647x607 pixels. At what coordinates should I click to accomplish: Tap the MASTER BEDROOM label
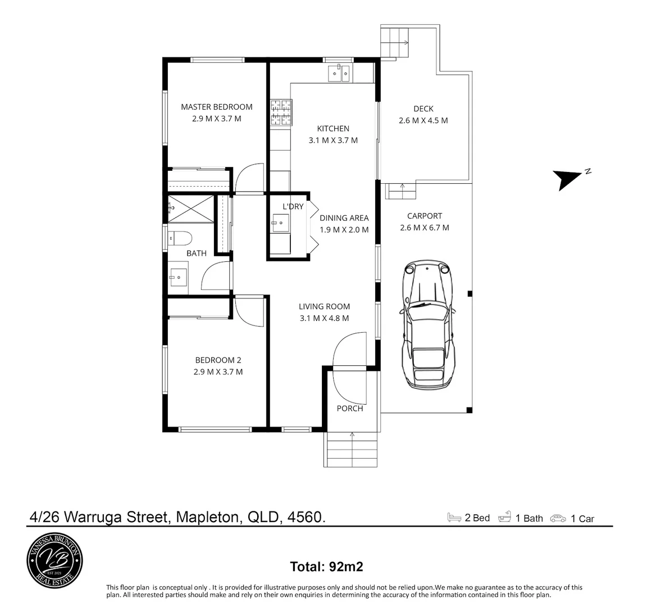tap(216, 107)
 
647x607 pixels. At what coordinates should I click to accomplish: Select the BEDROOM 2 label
tap(218, 360)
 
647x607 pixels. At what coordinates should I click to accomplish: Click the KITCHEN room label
tap(333, 129)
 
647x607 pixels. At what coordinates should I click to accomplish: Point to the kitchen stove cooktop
tap(281, 112)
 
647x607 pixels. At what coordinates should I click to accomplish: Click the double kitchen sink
tap(339, 73)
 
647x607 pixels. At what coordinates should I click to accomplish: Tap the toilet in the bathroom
tap(180, 238)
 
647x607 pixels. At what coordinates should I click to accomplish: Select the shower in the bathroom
tap(191, 209)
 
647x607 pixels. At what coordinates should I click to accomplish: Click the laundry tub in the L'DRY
tap(280, 223)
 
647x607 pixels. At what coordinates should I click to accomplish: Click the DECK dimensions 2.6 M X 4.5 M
tap(423, 120)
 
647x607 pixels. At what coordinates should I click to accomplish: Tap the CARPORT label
tap(425, 216)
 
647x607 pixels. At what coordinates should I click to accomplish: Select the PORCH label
tap(350, 409)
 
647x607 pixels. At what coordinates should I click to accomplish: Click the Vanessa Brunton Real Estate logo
tap(55, 559)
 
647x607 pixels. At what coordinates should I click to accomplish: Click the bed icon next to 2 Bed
tap(454, 518)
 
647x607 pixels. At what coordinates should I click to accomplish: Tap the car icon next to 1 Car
tap(558, 518)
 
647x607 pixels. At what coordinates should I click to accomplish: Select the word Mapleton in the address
tap(208, 517)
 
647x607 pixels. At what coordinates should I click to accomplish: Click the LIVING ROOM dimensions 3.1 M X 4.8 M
tap(324, 318)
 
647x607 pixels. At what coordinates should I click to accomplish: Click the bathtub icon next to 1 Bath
tap(505, 518)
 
